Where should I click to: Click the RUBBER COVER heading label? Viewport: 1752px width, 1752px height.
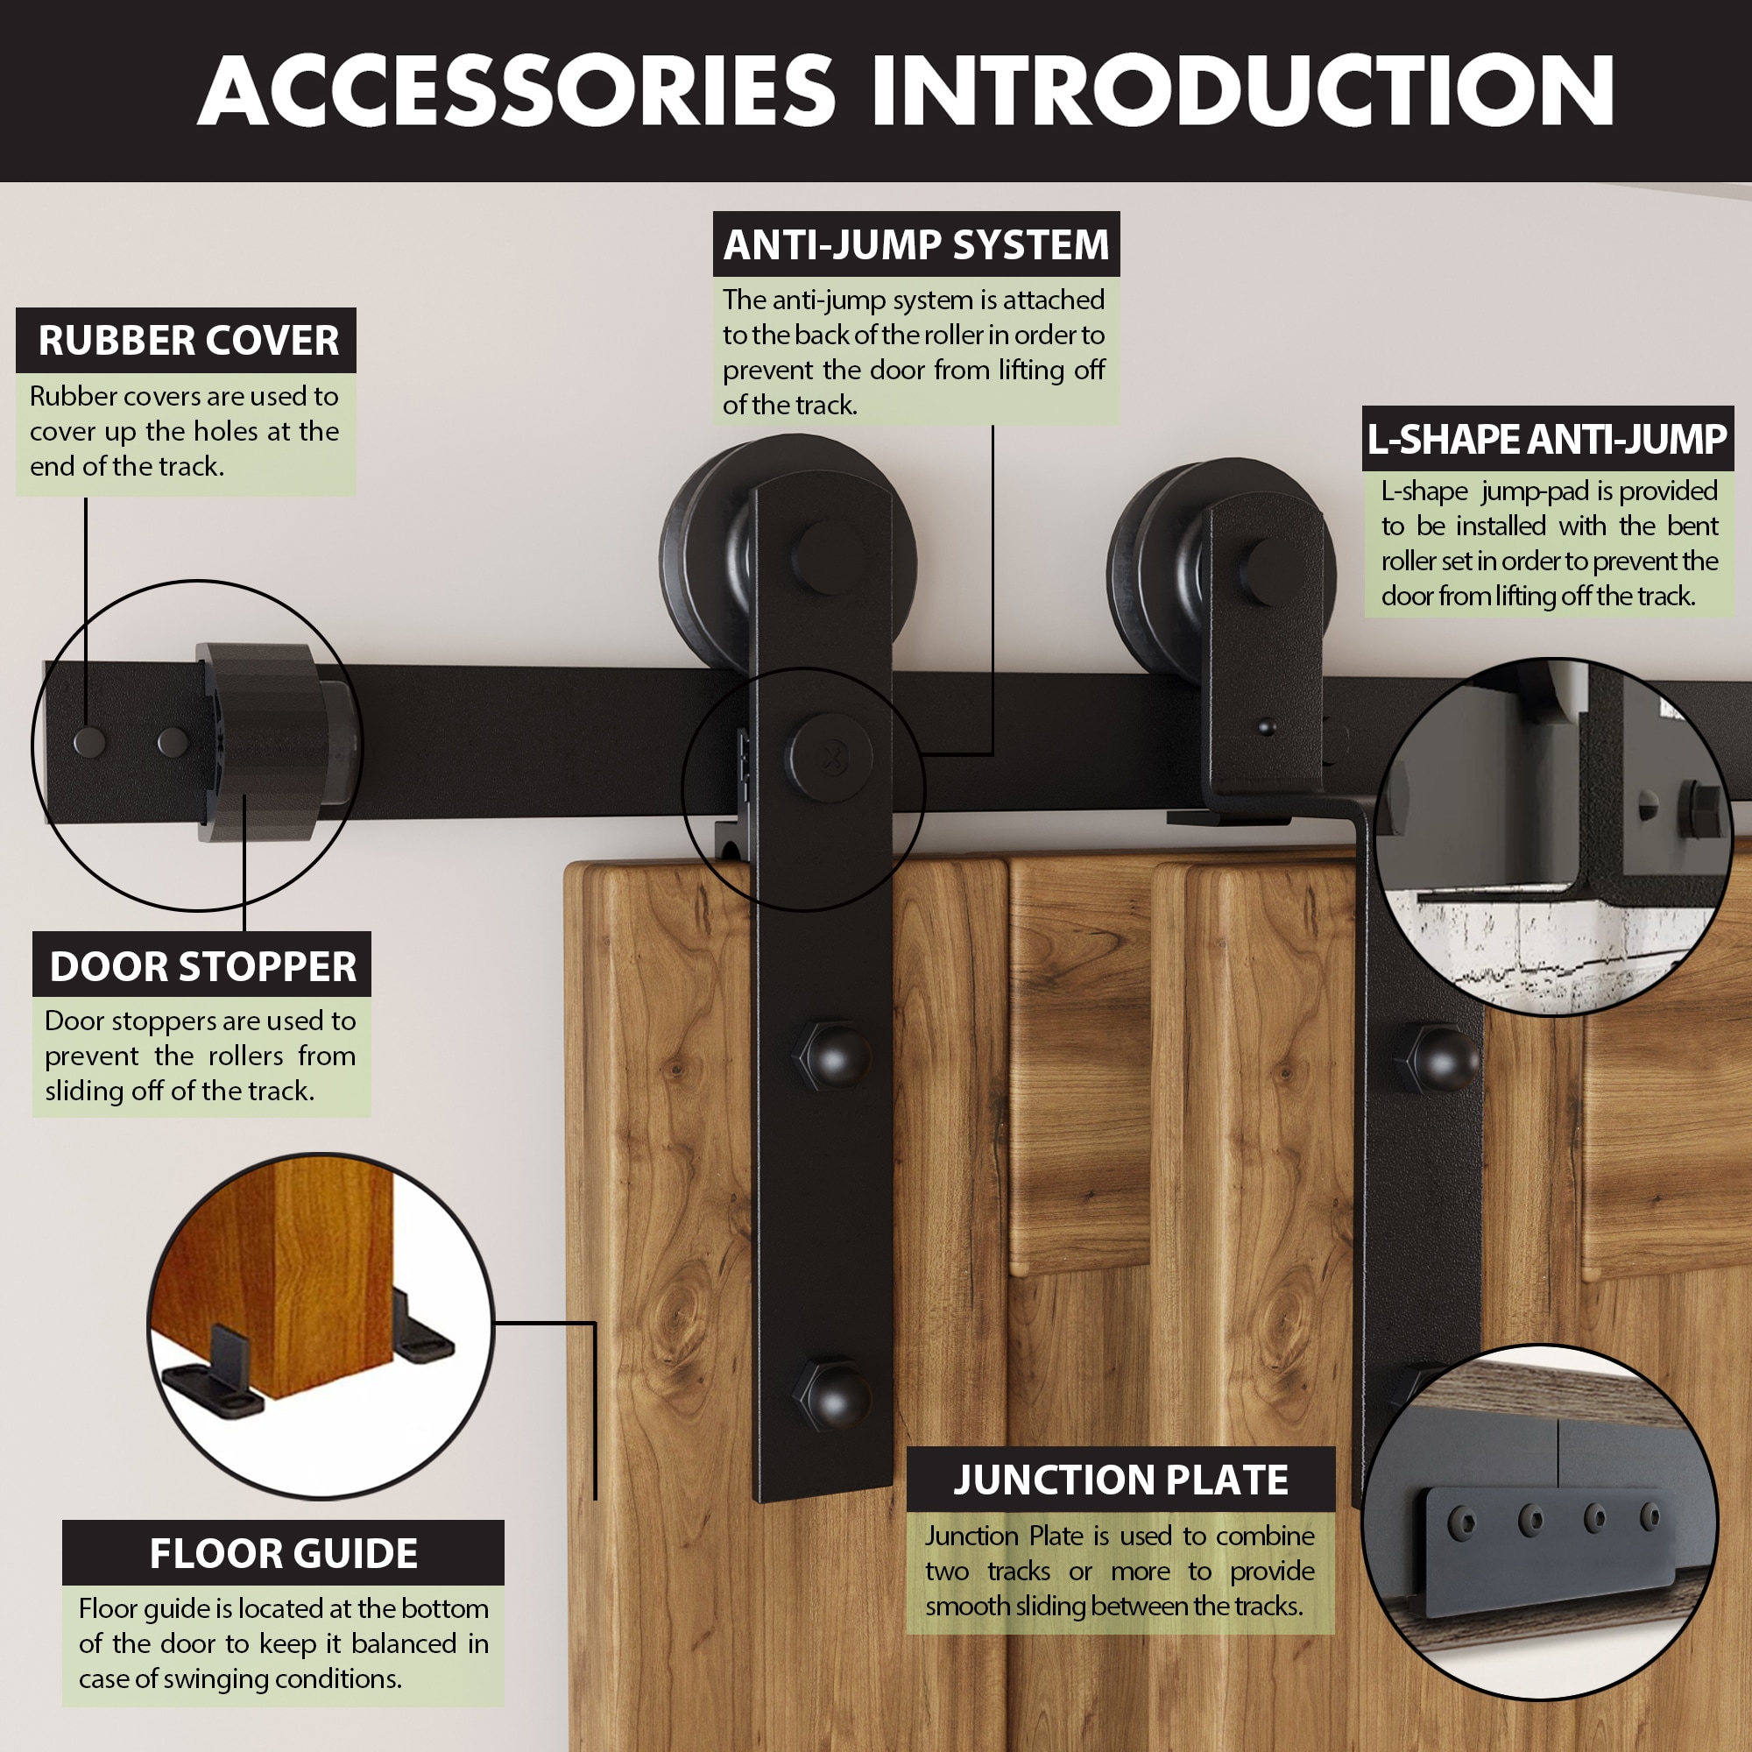tap(187, 341)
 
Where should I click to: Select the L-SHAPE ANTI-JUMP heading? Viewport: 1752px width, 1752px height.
tap(1547, 440)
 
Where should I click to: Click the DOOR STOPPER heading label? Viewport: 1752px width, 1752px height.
tap(202, 965)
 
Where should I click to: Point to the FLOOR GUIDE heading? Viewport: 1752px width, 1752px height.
tap(283, 1552)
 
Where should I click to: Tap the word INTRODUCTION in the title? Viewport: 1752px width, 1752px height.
tap(1242, 91)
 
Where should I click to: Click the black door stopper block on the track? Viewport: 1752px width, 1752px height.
tap(263, 742)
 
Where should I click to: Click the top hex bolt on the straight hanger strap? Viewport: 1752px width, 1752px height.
tap(831, 1055)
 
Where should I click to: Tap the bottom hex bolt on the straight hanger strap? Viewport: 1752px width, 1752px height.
tap(831, 1394)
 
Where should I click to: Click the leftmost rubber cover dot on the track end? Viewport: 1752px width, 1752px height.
tap(88, 743)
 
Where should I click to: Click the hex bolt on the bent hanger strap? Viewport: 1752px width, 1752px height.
tap(1442, 1058)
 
